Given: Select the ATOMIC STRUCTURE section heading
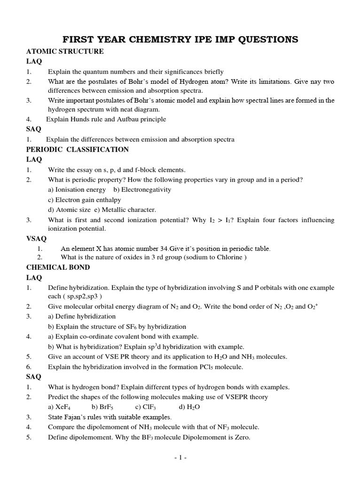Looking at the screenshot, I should coord(65,51).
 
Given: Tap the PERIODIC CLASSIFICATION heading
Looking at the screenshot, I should coord(78,150).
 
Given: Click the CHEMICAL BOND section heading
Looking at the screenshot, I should coord(58,267).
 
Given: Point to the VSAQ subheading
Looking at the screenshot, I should coord(36,239).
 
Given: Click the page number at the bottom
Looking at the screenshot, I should coord(180,457).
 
